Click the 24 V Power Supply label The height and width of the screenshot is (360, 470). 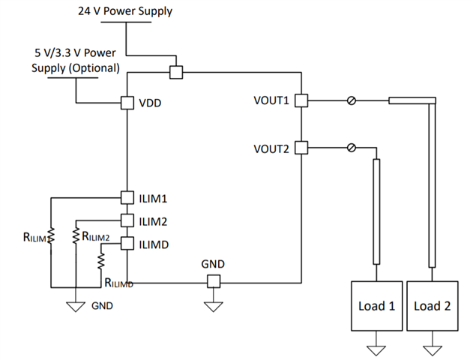coord(125,11)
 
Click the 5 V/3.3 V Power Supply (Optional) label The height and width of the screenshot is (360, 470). coord(76,61)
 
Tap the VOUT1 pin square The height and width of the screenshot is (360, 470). coord(301,100)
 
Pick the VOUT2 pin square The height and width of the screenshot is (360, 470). coord(301,148)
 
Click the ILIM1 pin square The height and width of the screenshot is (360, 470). coord(127,198)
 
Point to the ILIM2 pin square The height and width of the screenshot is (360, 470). coord(127,220)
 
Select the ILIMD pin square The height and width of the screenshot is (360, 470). coord(127,243)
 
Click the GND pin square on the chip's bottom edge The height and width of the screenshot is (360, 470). coord(213,281)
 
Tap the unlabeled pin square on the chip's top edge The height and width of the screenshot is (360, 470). coord(175,73)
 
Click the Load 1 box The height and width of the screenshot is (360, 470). coord(376,306)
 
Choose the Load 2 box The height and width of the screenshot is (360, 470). coord(433,306)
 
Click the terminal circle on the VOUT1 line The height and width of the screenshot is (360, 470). coord(351,100)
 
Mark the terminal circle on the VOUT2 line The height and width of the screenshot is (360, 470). coord(351,148)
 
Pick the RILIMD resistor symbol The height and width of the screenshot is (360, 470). coord(102,261)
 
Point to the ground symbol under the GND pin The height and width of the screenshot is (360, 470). coord(213,307)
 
